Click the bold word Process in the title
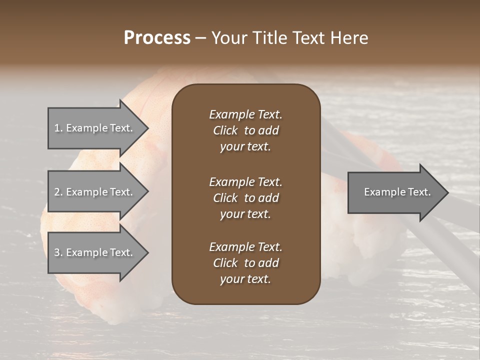(157, 38)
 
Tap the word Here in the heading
(348, 38)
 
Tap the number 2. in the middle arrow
(58, 192)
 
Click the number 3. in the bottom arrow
(58, 252)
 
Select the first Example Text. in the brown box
(245, 114)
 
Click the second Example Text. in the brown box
(245, 182)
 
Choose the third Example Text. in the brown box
(245, 247)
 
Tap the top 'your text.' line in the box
(245, 147)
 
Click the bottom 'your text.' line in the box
(245, 279)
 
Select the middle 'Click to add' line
(245, 198)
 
